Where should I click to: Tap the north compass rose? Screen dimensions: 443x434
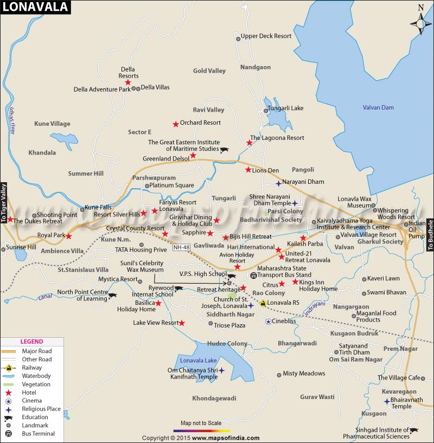point(421,22)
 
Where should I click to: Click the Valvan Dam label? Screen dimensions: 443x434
point(378,107)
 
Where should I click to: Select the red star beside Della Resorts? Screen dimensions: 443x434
point(128,82)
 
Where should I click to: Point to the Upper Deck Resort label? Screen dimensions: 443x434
point(266,36)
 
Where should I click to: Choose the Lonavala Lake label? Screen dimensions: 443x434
point(199,361)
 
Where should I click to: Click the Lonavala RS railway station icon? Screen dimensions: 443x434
point(263,303)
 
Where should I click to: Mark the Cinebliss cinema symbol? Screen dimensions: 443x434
point(268,322)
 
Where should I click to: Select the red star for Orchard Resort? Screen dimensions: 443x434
point(175,124)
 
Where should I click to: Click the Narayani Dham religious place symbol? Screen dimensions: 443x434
point(278,183)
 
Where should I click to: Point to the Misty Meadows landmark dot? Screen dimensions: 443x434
point(279,374)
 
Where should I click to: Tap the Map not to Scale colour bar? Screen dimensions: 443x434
point(202,430)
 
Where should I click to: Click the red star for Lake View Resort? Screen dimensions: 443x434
point(182,323)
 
